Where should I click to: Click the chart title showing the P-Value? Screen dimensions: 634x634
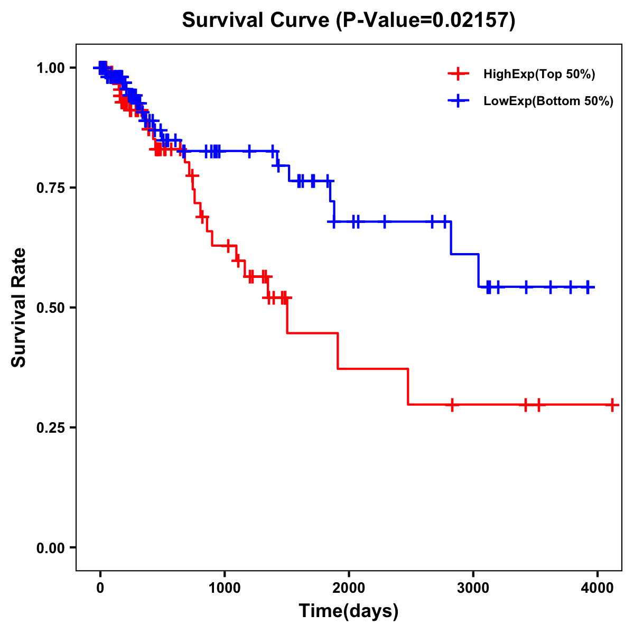[349, 21]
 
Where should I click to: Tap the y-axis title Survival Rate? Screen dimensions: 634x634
[19, 307]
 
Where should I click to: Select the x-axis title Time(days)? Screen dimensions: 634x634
[349, 611]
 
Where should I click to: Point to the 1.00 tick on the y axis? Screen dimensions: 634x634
[51, 68]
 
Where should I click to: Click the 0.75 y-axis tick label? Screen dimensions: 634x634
[51, 188]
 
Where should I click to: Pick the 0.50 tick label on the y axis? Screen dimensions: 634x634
[51, 308]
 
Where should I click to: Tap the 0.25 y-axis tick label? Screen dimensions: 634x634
[51, 428]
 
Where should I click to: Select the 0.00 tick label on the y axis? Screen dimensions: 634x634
[51, 548]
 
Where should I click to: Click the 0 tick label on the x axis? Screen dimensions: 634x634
[100, 588]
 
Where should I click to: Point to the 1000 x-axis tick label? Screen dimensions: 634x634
[225, 588]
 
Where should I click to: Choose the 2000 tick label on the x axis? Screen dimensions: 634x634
[349, 588]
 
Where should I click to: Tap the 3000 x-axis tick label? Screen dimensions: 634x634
[473, 588]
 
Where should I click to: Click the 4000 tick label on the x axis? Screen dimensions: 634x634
[597, 588]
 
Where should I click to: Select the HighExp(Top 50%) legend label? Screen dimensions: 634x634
[539, 74]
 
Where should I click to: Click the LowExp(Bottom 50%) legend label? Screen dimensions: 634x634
[548, 101]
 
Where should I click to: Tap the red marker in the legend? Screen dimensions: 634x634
[458, 74]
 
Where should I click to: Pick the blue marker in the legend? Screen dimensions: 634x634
[458, 101]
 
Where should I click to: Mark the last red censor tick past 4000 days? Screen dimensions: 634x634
[612, 405]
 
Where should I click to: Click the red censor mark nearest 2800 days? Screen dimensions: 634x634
[452, 405]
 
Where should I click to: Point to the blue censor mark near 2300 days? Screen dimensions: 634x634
[384, 221]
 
